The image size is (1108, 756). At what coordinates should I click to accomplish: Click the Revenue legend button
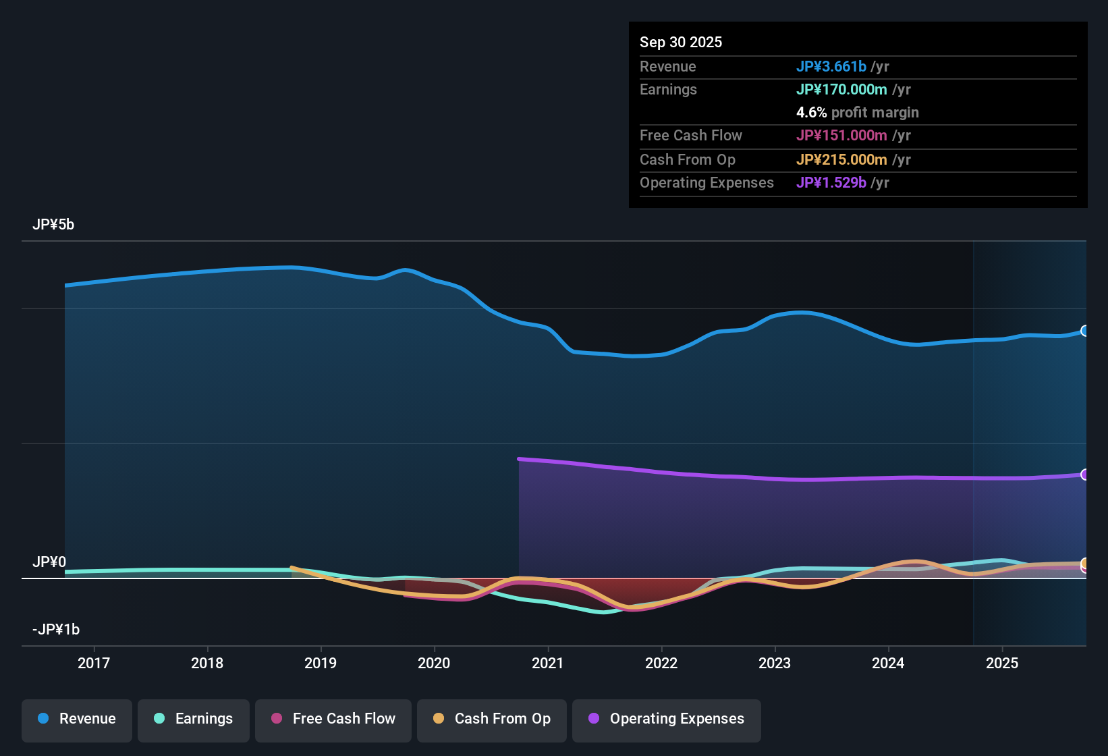77,719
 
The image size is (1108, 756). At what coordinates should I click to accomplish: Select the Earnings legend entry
194,719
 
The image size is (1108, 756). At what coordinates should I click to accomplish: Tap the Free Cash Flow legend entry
333,719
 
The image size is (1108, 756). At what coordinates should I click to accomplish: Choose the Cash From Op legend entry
492,719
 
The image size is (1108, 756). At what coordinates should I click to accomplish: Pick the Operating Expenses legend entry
667,719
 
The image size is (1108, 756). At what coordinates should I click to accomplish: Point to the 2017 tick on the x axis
94,663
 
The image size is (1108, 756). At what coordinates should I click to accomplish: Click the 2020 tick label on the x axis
434,663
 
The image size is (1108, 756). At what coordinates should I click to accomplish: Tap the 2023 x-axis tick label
775,663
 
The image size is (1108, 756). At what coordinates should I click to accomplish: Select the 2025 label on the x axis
1002,663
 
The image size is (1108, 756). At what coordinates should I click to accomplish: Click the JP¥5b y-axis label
53,225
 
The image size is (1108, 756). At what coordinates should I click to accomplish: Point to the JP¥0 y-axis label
49,562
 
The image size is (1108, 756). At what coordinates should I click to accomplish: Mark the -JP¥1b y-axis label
56,630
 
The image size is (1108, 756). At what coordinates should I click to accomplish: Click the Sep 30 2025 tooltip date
681,42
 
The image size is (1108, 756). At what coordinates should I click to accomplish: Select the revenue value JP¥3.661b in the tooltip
831,66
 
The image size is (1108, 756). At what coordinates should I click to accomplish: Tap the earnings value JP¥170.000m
841,89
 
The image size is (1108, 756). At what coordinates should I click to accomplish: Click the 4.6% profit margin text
857,112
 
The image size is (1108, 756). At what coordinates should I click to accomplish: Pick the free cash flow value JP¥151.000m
841,135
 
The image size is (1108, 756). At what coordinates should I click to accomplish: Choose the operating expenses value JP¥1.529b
831,182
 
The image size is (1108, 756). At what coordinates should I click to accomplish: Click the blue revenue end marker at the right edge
1085,331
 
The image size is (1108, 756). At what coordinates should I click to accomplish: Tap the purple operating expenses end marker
1085,475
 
